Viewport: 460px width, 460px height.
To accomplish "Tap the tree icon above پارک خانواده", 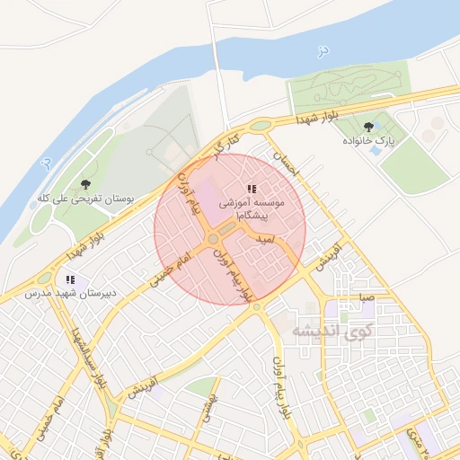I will (x=369, y=127).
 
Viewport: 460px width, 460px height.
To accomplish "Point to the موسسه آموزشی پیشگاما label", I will (x=252, y=210).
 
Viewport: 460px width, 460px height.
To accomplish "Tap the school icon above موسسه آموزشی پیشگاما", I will (x=252, y=189).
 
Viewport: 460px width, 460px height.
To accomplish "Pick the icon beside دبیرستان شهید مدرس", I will (x=70, y=279).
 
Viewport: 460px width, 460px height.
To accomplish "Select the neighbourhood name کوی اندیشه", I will (x=331, y=330).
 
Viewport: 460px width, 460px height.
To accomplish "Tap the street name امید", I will (x=265, y=241).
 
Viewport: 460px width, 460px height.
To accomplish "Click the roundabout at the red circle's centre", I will (x=213, y=240).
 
